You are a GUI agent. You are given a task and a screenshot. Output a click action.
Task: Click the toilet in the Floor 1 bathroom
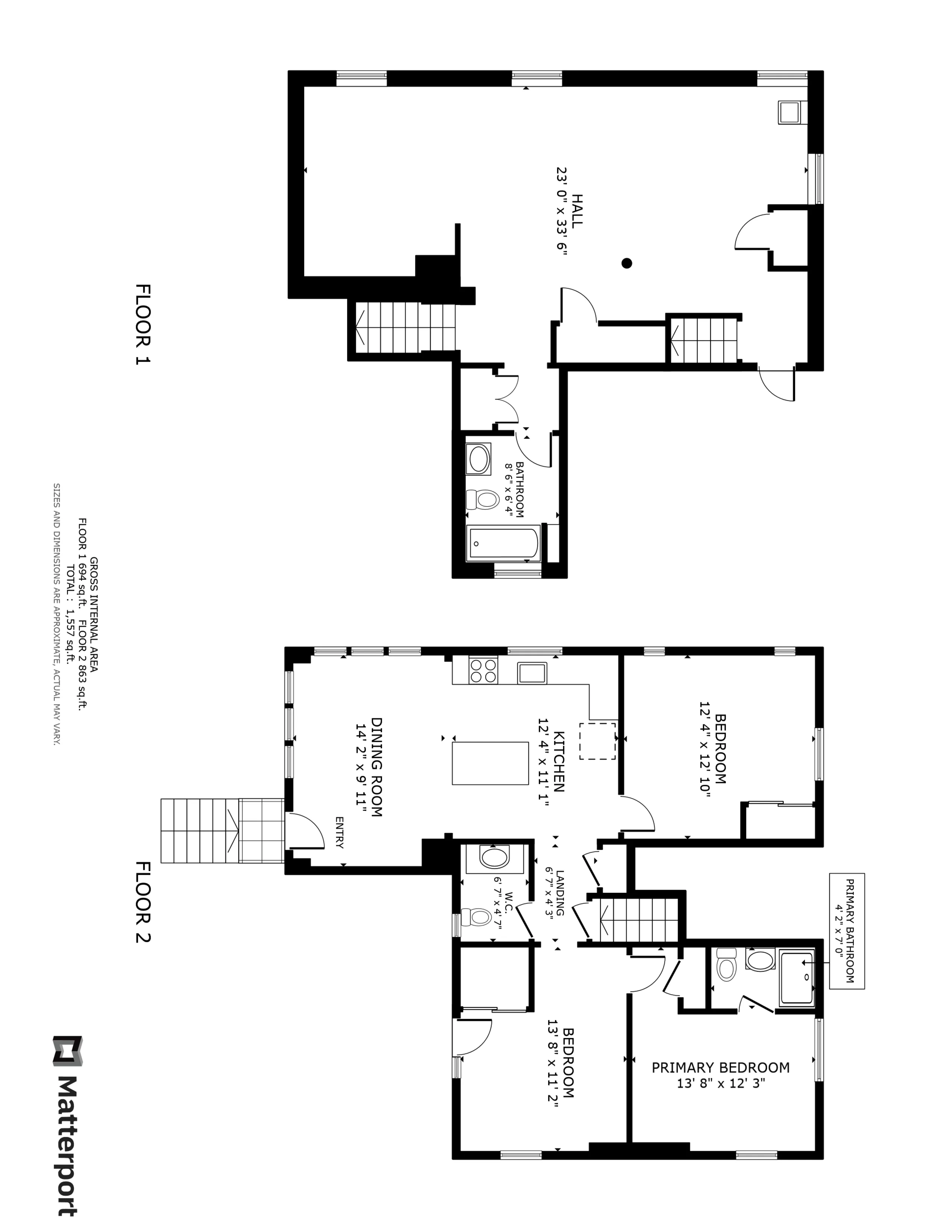coord(483,499)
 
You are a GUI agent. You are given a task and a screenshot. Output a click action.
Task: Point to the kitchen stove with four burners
coord(483,671)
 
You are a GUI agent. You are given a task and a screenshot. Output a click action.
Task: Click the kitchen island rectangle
coord(490,763)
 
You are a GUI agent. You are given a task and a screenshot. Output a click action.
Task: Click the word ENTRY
coord(339,832)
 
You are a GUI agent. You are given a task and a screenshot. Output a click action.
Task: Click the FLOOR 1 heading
coord(143,324)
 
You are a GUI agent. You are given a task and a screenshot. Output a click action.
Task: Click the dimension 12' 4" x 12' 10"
coord(705,748)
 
